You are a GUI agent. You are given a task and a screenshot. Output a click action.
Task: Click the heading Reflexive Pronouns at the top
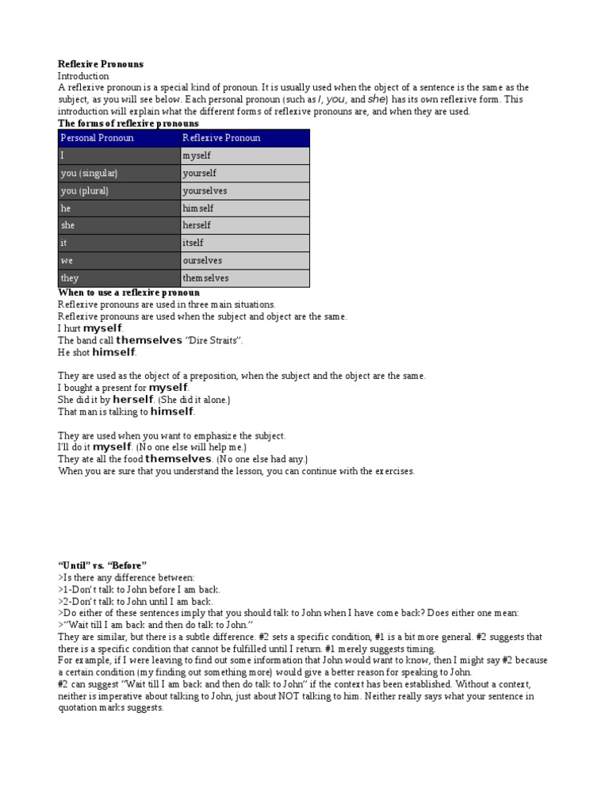(x=101, y=63)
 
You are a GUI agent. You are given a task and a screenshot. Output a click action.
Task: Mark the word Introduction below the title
(x=83, y=76)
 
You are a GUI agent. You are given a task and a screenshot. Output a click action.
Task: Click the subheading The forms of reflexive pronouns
(x=128, y=124)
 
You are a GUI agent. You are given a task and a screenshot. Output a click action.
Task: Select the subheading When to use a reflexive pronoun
(x=128, y=293)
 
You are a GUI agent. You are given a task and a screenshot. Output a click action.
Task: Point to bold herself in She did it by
(x=132, y=400)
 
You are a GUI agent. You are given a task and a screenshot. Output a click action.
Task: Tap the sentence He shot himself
(x=98, y=352)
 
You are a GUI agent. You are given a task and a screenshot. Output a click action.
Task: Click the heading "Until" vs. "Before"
(x=102, y=565)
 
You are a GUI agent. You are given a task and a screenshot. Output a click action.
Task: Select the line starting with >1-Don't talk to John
(x=140, y=589)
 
